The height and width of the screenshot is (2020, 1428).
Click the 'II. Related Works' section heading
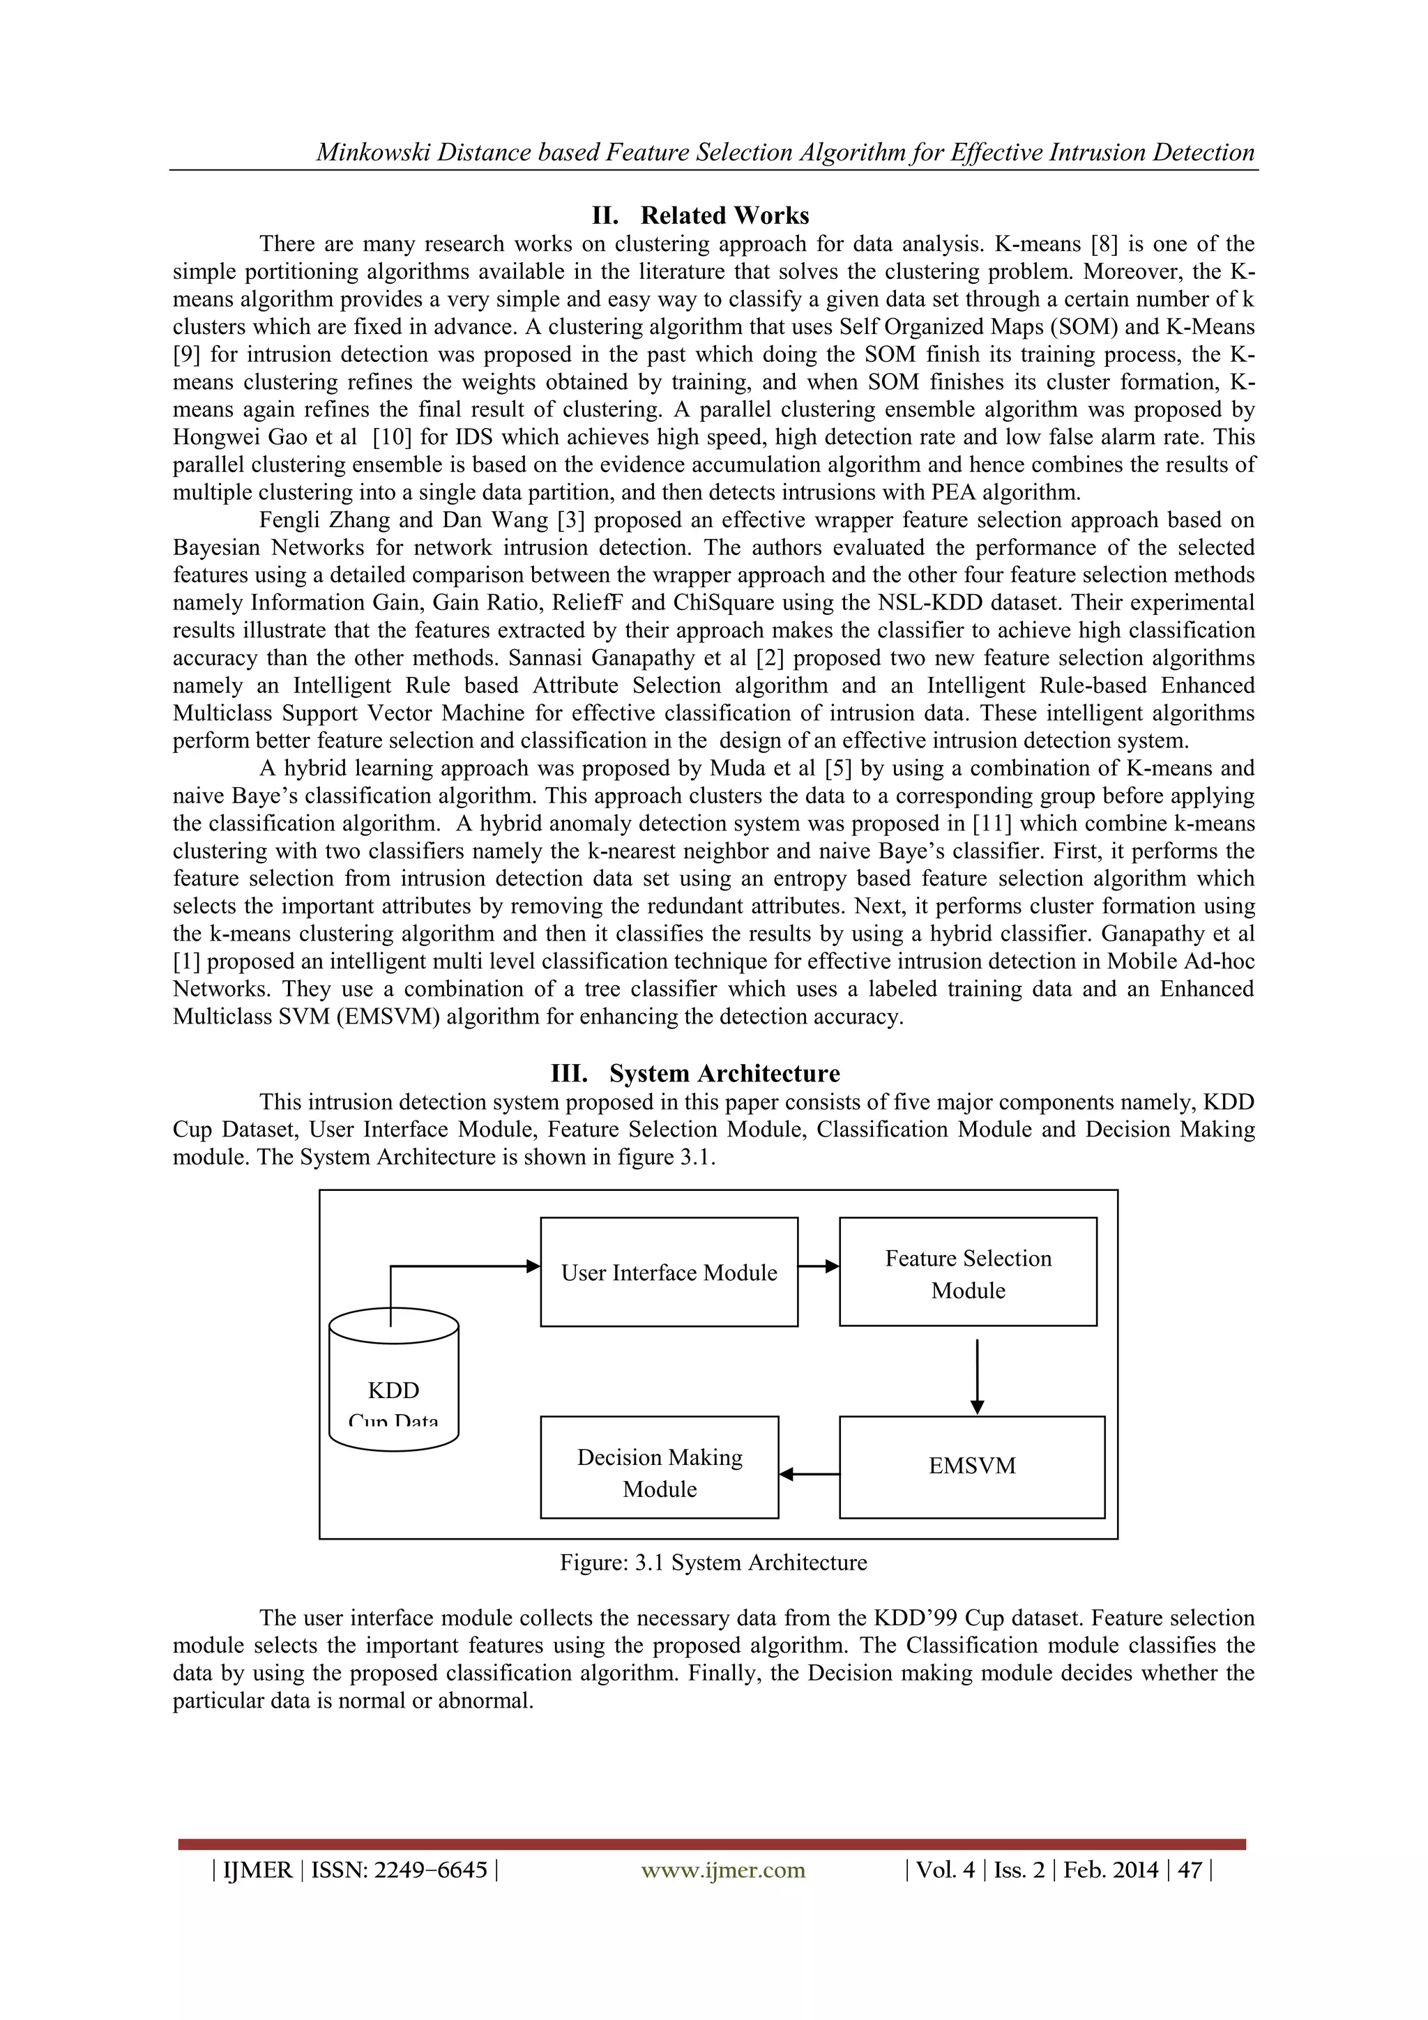pyautogui.click(x=700, y=215)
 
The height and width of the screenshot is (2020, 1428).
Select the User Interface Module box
pyautogui.click(x=669, y=1273)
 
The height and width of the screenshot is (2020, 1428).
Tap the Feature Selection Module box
pyautogui.click(x=968, y=1273)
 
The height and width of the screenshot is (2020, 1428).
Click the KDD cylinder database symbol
pyautogui.click(x=393, y=1381)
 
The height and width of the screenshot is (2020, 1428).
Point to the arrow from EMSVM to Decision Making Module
pyautogui.click(x=809, y=1473)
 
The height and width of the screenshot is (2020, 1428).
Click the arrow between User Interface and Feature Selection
pyautogui.click(x=819, y=1267)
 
